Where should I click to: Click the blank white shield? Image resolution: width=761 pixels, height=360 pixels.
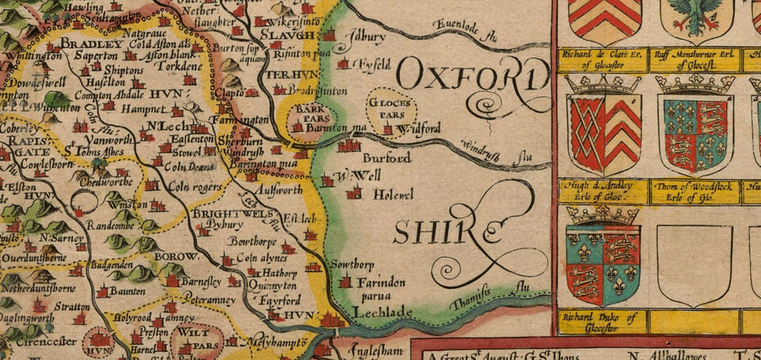[x=694, y=265]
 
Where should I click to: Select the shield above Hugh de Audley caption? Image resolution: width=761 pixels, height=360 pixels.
[x=603, y=134]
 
